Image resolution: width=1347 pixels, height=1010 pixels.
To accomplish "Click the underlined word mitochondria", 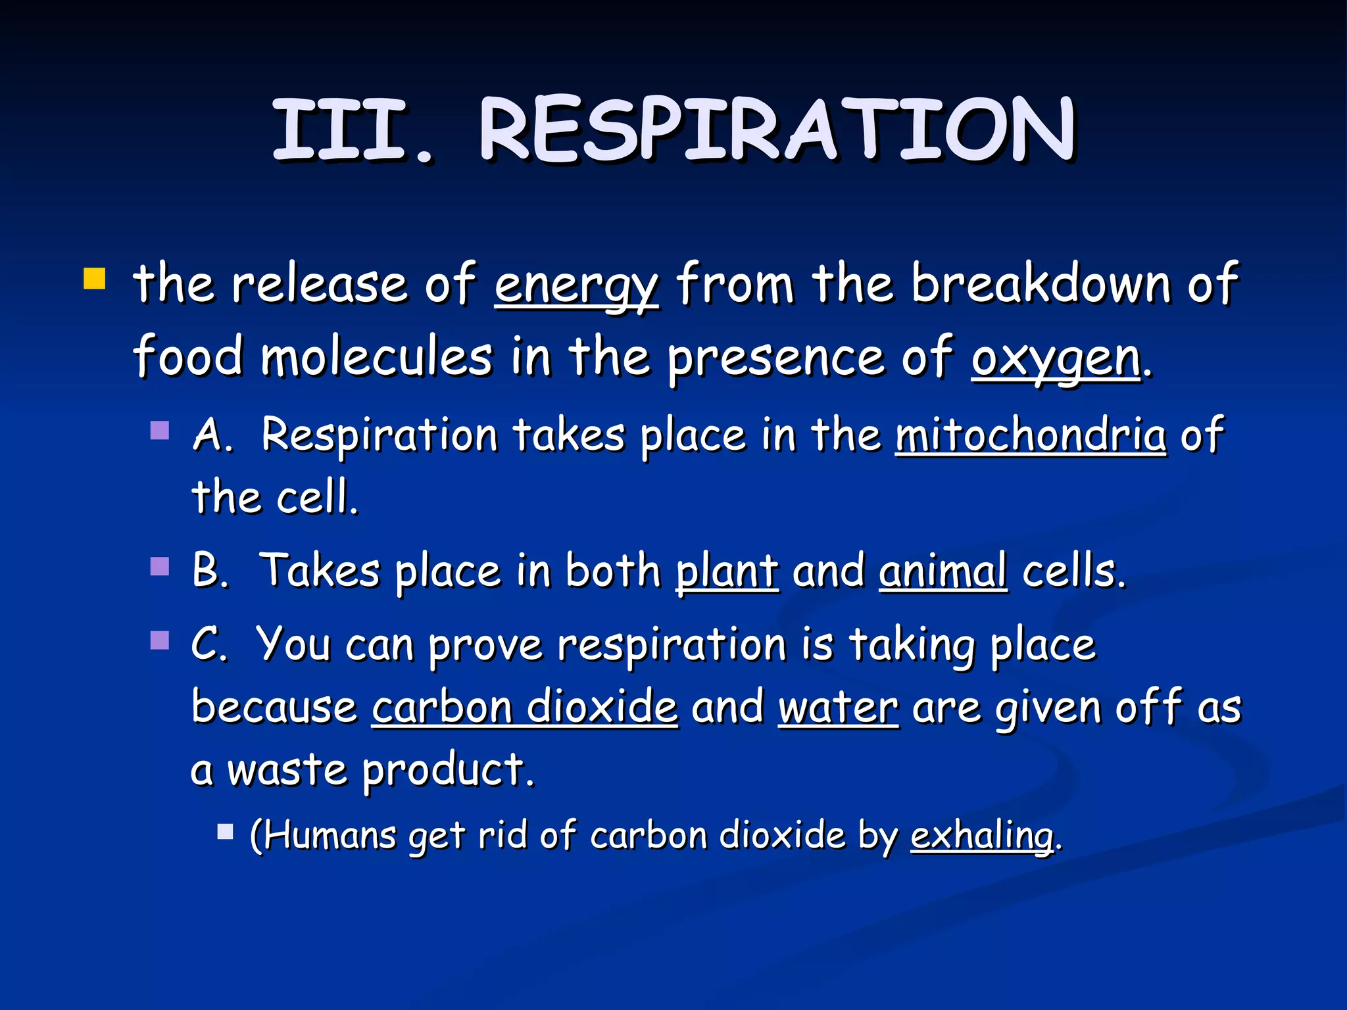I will click(x=1031, y=435).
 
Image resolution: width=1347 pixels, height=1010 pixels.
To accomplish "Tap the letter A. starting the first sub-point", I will click(x=212, y=435).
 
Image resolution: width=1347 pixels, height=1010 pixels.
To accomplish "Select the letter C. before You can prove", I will click(x=209, y=644).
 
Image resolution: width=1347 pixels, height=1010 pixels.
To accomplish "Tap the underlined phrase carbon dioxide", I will click(x=524, y=708).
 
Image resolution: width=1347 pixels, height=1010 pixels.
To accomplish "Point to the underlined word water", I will click(x=838, y=708).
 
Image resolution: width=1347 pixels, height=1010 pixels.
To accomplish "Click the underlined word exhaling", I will click(x=982, y=836).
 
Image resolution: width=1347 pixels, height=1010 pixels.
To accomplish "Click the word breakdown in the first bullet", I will click(x=1041, y=284).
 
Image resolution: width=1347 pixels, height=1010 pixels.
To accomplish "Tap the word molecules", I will click(x=377, y=358).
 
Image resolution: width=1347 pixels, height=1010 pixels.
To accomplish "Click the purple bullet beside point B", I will click(x=160, y=566).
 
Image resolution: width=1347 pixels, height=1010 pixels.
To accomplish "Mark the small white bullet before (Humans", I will click(x=226, y=832).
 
